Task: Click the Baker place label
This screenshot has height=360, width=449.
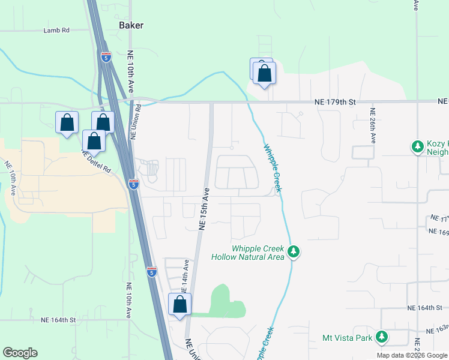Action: click(x=132, y=25)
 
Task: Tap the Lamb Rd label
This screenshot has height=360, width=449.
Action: click(x=57, y=30)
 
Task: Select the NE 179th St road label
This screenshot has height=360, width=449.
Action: click(x=336, y=103)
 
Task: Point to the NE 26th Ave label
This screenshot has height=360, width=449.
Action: click(x=373, y=125)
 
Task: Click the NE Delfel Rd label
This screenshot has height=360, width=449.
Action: click(x=97, y=161)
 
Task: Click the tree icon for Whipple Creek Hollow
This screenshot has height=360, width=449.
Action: click(x=294, y=251)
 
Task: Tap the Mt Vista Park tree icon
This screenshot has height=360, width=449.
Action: click(x=381, y=337)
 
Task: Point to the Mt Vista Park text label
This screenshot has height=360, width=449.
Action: click(x=348, y=338)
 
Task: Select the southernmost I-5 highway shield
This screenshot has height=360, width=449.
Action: click(x=151, y=272)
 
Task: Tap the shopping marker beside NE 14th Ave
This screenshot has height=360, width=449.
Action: click(x=180, y=305)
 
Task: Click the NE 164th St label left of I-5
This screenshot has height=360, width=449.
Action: click(x=58, y=320)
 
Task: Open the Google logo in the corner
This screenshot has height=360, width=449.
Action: click(x=20, y=353)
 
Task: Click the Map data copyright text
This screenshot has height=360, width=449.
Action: click(x=411, y=355)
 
